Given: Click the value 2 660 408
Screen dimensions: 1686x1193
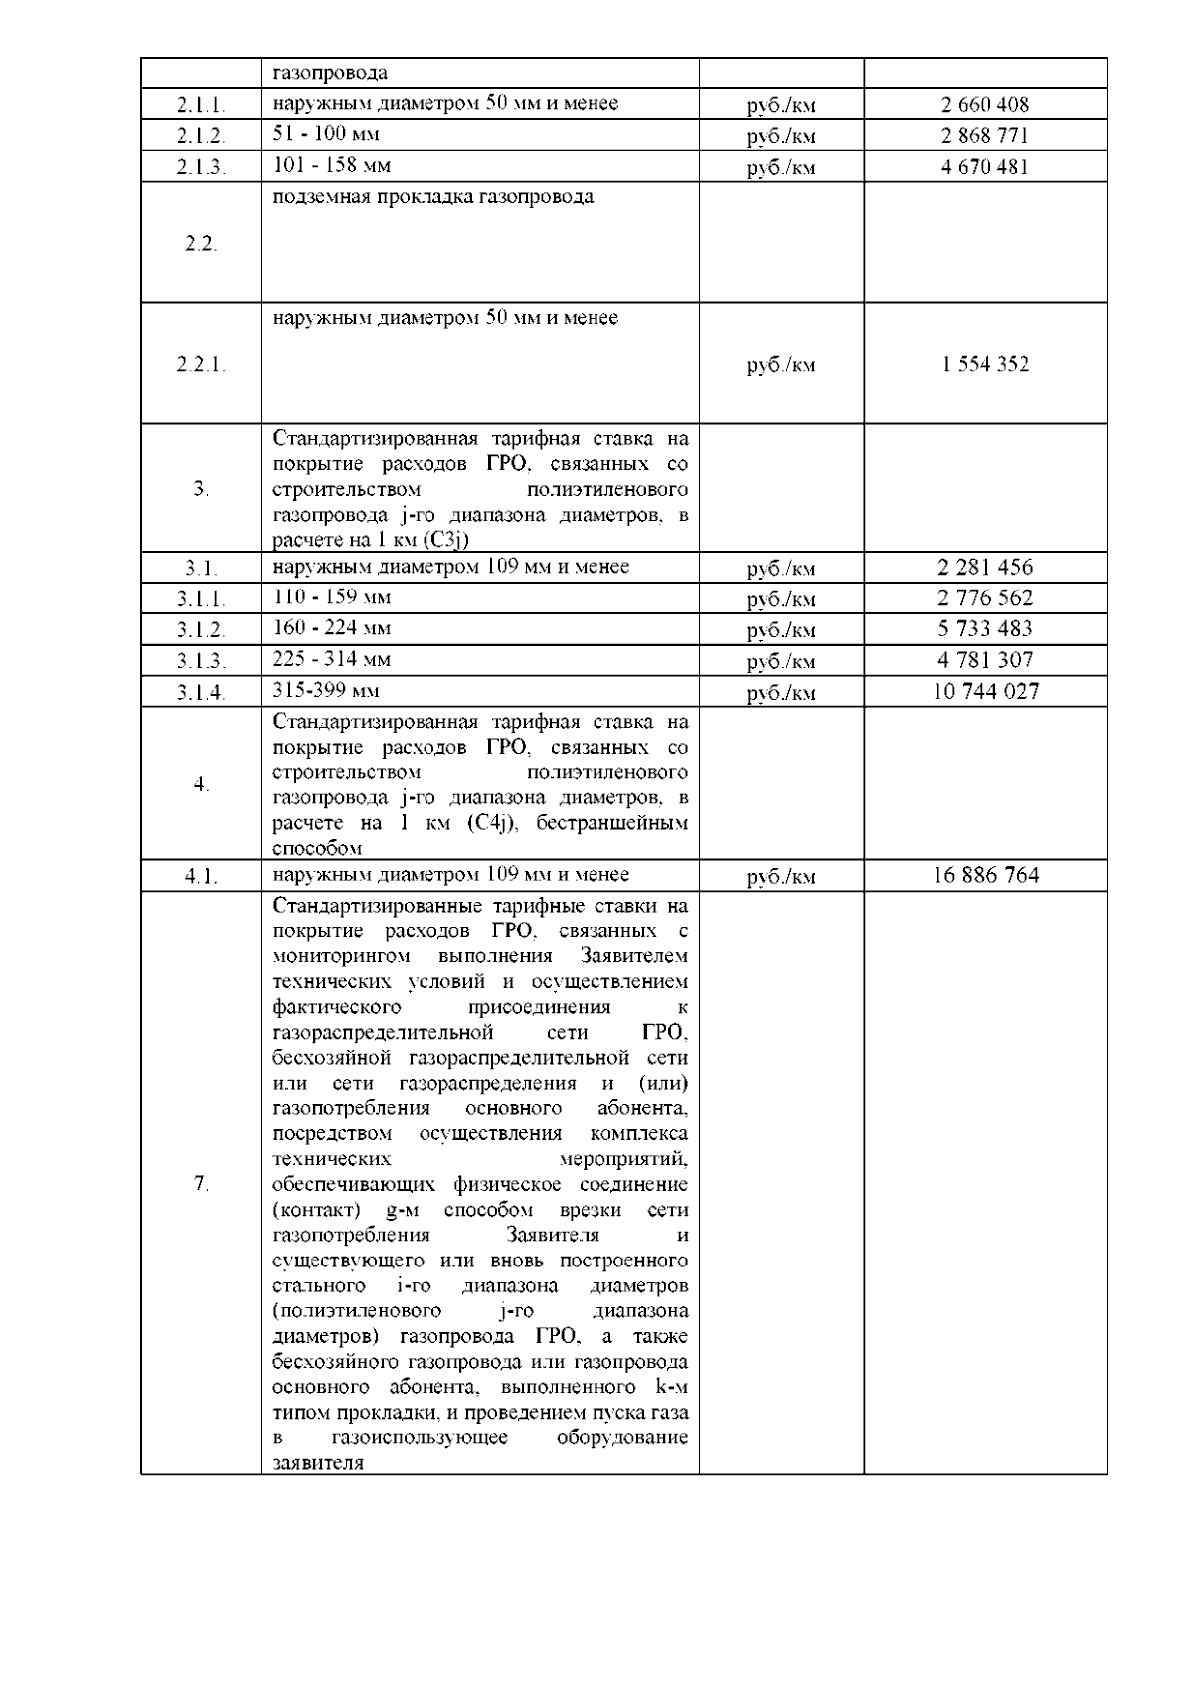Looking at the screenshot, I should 984,104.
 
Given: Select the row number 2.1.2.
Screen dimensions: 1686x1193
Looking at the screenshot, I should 201,136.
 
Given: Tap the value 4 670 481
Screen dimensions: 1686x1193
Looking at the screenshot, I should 984,167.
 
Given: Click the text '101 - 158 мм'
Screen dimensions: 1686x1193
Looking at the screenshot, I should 332,165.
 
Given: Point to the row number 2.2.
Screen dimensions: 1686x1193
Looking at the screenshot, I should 201,244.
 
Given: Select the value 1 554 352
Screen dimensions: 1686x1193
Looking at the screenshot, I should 984,364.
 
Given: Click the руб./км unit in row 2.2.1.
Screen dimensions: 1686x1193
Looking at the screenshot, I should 780,365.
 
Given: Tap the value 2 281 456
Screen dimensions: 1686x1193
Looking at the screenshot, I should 984,568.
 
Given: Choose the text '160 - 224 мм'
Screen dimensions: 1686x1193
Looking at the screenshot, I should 332,628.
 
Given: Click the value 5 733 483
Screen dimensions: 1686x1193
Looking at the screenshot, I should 984,629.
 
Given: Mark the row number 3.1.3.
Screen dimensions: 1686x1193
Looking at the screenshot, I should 201,661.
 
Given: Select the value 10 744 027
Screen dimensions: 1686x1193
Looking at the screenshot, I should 984,691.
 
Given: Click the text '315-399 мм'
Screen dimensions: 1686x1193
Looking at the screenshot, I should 326,690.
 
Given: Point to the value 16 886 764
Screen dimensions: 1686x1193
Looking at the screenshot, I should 985,875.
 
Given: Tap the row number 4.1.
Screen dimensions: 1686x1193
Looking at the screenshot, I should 201,877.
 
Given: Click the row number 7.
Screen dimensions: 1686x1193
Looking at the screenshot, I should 201,1183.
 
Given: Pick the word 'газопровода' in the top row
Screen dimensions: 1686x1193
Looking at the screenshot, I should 330,73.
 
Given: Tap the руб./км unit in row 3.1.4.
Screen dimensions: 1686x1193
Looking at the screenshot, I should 780,693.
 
